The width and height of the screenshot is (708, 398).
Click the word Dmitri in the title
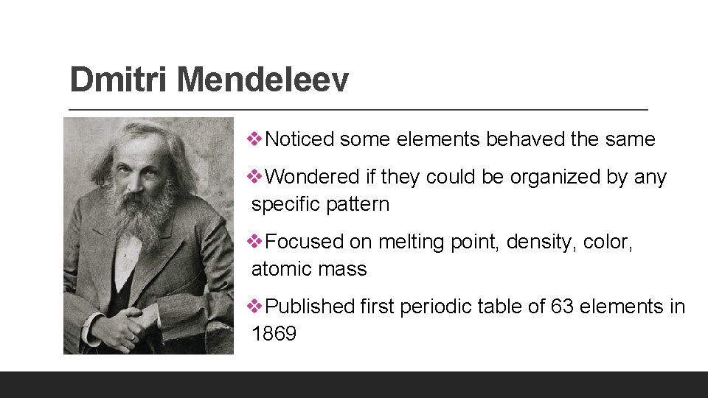(x=119, y=80)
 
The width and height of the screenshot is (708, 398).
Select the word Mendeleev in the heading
(x=263, y=80)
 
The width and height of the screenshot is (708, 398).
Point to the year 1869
(x=274, y=334)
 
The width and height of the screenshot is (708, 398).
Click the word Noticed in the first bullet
(x=299, y=139)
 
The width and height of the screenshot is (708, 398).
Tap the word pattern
(x=358, y=204)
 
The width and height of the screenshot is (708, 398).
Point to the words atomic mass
(x=309, y=269)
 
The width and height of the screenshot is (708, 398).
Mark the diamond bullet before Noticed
(x=257, y=139)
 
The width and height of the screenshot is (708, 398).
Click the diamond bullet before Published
(x=257, y=306)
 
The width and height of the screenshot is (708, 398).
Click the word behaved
(x=507, y=139)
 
